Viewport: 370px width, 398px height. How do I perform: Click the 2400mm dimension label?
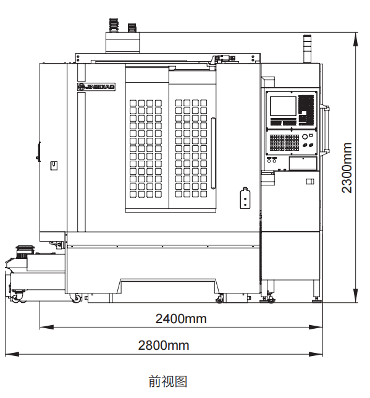tap(181, 319)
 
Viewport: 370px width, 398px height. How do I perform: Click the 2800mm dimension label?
tap(164, 345)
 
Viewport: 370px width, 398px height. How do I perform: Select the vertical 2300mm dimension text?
tap(347, 167)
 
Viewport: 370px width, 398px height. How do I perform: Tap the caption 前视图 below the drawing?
tap(168, 381)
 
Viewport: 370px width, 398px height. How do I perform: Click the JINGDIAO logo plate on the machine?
tap(96, 87)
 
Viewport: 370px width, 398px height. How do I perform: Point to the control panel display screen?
tap(283, 106)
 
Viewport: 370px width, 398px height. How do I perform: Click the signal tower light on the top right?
tap(308, 49)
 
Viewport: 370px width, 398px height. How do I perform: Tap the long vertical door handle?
tap(213, 153)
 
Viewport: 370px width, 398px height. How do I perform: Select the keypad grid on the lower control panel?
tap(284, 142)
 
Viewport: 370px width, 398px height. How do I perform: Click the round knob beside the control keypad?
tap(305, 137)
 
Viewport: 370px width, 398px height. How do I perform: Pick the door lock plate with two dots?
tap(245, 198)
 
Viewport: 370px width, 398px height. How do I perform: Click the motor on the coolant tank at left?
tap(25, 252)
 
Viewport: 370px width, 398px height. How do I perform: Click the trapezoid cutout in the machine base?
tap(168, 286)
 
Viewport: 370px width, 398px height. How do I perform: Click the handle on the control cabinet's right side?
tap(326, 129)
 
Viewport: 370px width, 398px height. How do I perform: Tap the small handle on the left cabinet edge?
tap(38, 151)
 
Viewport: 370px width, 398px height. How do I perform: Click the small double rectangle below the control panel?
tap(310, 181)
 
